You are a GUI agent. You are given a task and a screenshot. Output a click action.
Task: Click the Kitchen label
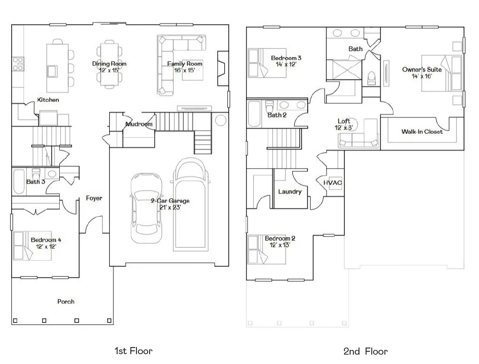click(x=48, y=100)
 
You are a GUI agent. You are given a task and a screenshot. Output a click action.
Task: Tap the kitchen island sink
click(x=52, y=71)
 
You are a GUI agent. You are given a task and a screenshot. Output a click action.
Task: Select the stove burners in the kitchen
click(x=18, y=64)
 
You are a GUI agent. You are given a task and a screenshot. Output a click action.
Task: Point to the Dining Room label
click(x=109, y=64)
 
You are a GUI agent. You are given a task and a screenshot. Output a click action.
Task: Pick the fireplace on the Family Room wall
click(x=223, y=68)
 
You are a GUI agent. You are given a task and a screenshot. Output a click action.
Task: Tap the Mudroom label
click(x=139, y=124)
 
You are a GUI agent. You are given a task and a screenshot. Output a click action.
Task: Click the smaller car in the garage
click(x=146, y=208)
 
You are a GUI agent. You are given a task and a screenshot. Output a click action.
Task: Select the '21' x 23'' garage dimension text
click(x=170, y=207)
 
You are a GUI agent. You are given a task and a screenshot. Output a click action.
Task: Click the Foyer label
click(x=94, y=198)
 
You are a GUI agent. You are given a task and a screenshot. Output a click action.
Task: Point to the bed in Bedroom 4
click(x=32, y=246)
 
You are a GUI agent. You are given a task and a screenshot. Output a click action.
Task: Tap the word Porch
click(x=66, y=302)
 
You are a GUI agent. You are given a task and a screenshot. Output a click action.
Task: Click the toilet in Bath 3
click(x=36, y=174)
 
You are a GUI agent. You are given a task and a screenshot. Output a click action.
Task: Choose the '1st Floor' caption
click(x=134, y=351)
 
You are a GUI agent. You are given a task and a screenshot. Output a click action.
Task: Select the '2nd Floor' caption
click(x=365, y=351)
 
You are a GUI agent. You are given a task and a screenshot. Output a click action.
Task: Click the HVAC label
click(x=333, y=183)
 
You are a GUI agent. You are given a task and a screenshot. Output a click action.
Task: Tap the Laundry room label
click(x=289, y=192)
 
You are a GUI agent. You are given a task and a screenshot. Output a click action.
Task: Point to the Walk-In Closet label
click(x=422, y=132)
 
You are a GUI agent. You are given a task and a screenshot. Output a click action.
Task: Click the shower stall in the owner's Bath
click(x=347, y=70)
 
